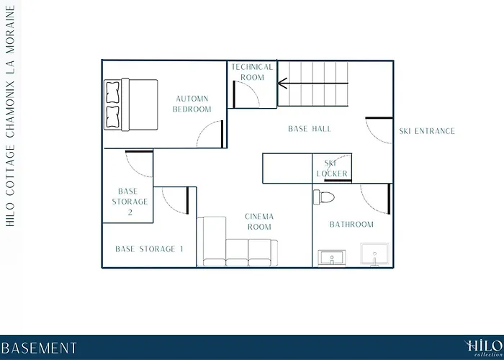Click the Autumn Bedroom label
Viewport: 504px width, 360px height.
pyautogui.click(x=192, y=104)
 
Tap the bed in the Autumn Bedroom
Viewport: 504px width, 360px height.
pyautogui.click(x=131, y=105)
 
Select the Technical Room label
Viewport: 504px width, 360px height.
pyautogui.click(x=252, y=72)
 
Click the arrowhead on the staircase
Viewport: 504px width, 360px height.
pyautogui.click(x=282, y=84)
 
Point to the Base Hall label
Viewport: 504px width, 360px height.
pyautogui.click(x=310, y=129)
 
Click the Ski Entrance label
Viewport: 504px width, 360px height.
pyautogui.click(x=427, y=131)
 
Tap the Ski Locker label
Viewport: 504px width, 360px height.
pyautogui.click(x=332, y=168)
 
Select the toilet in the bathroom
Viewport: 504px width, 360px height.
pyautogui.click(x=324, y=197)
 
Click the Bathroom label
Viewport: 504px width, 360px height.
pyautogui.click(x=351, y=225)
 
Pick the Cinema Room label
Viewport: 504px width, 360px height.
pyautogui.click(x=259, y=222)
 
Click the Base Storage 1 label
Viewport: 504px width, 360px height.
pyautogui.click(x=149, y=249)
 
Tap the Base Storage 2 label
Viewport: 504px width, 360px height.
pyautogui.click(x=130, y=202)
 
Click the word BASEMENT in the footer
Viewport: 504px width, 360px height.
pyautogui.click(x=39, y=348)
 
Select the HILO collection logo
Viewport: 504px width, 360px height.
pyautogui.click(x=483, y=348)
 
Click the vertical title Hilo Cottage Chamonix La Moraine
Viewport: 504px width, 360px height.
pyautogui.click(x=10, y=116)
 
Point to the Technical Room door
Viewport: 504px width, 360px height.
pyautogui.click(x=246, y=94)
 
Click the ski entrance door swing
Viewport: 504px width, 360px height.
pyautogui.click(x=379, y=130)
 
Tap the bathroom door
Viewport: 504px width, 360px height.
pyautogui.click(x=375, y=199)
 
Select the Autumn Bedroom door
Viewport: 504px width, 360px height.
pyautogui.click(x=210, y=134)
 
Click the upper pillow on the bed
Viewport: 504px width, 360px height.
pyautogui.click(x=113, y=92)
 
